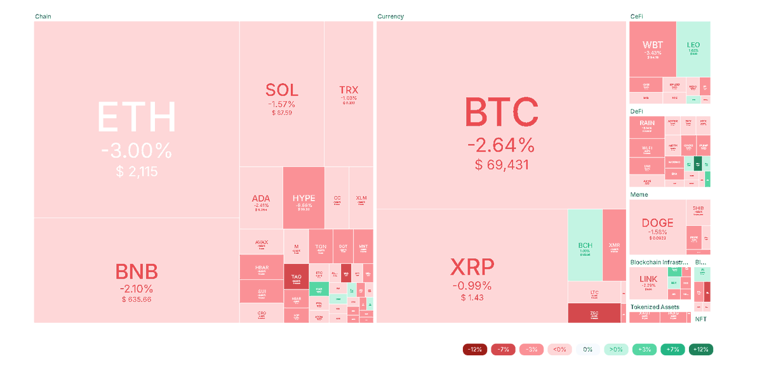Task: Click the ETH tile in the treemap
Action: [137, 121]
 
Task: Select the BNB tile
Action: [137, 273]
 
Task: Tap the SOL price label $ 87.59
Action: [281, 113]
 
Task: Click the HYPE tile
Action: [304, 198]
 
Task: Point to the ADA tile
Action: [261, 199]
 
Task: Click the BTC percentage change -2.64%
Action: [501, 145]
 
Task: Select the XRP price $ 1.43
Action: [472, 298]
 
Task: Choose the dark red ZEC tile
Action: [594, 313]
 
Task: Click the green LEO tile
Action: [693, 48]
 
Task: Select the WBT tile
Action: [652, 48]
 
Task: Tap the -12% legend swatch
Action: [474, 349]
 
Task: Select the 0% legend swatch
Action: [588, 349]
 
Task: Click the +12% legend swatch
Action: [701, 349]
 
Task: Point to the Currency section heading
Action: [391, 16]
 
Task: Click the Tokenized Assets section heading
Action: [655, 307]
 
